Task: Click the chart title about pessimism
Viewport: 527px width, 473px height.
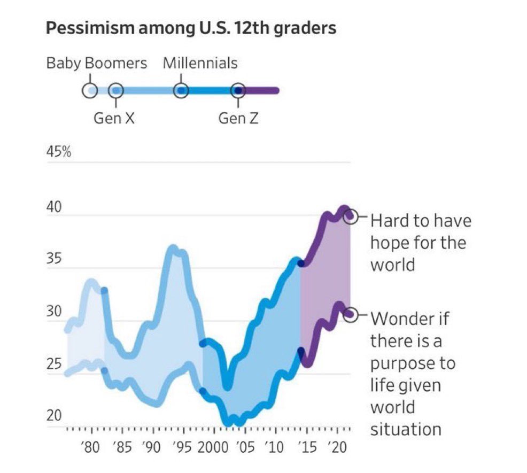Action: pyautogui.click(x=191, y=28)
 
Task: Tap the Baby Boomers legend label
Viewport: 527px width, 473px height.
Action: pyautogui.click(x=97, y=64)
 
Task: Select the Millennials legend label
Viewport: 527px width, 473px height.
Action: pyautogui.click(x=200, y=63)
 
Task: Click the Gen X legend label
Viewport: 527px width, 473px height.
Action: pyautogui.click(x=114, y=118)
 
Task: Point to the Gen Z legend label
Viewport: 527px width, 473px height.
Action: pyautogui.click(x=238, y=118)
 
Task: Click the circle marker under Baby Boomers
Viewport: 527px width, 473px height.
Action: pyautogui.click(x=90, y=91)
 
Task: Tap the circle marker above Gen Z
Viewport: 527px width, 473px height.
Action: pyautogui.click(x=238, y=91)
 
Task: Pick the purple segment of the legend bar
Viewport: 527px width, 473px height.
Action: pyautogui.click(x=260, y=91)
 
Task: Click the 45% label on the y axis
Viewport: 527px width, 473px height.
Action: pyautogui.click(x=59, y=152)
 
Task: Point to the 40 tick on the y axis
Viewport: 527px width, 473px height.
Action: pyautogui.click(x=54, y=207)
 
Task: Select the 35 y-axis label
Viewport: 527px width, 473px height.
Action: pyautogui.click(x=54, y=259)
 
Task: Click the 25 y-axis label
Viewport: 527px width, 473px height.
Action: pyautogui.click(x=54, y=364)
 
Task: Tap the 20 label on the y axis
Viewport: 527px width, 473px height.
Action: pyautogui.click(x=54, y=416)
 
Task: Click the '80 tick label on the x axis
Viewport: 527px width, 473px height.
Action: pyautogui.click(x=90, y=448)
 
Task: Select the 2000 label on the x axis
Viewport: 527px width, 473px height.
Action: pyautogui.click(x=213, y=448)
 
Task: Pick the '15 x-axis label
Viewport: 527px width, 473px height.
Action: pyautogui.click(x=307, y=448)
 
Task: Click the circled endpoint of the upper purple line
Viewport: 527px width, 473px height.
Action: pyautogui.click(x=350, y=216)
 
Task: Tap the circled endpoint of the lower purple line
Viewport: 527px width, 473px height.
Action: pyautogui.click(x=350, y=315)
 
